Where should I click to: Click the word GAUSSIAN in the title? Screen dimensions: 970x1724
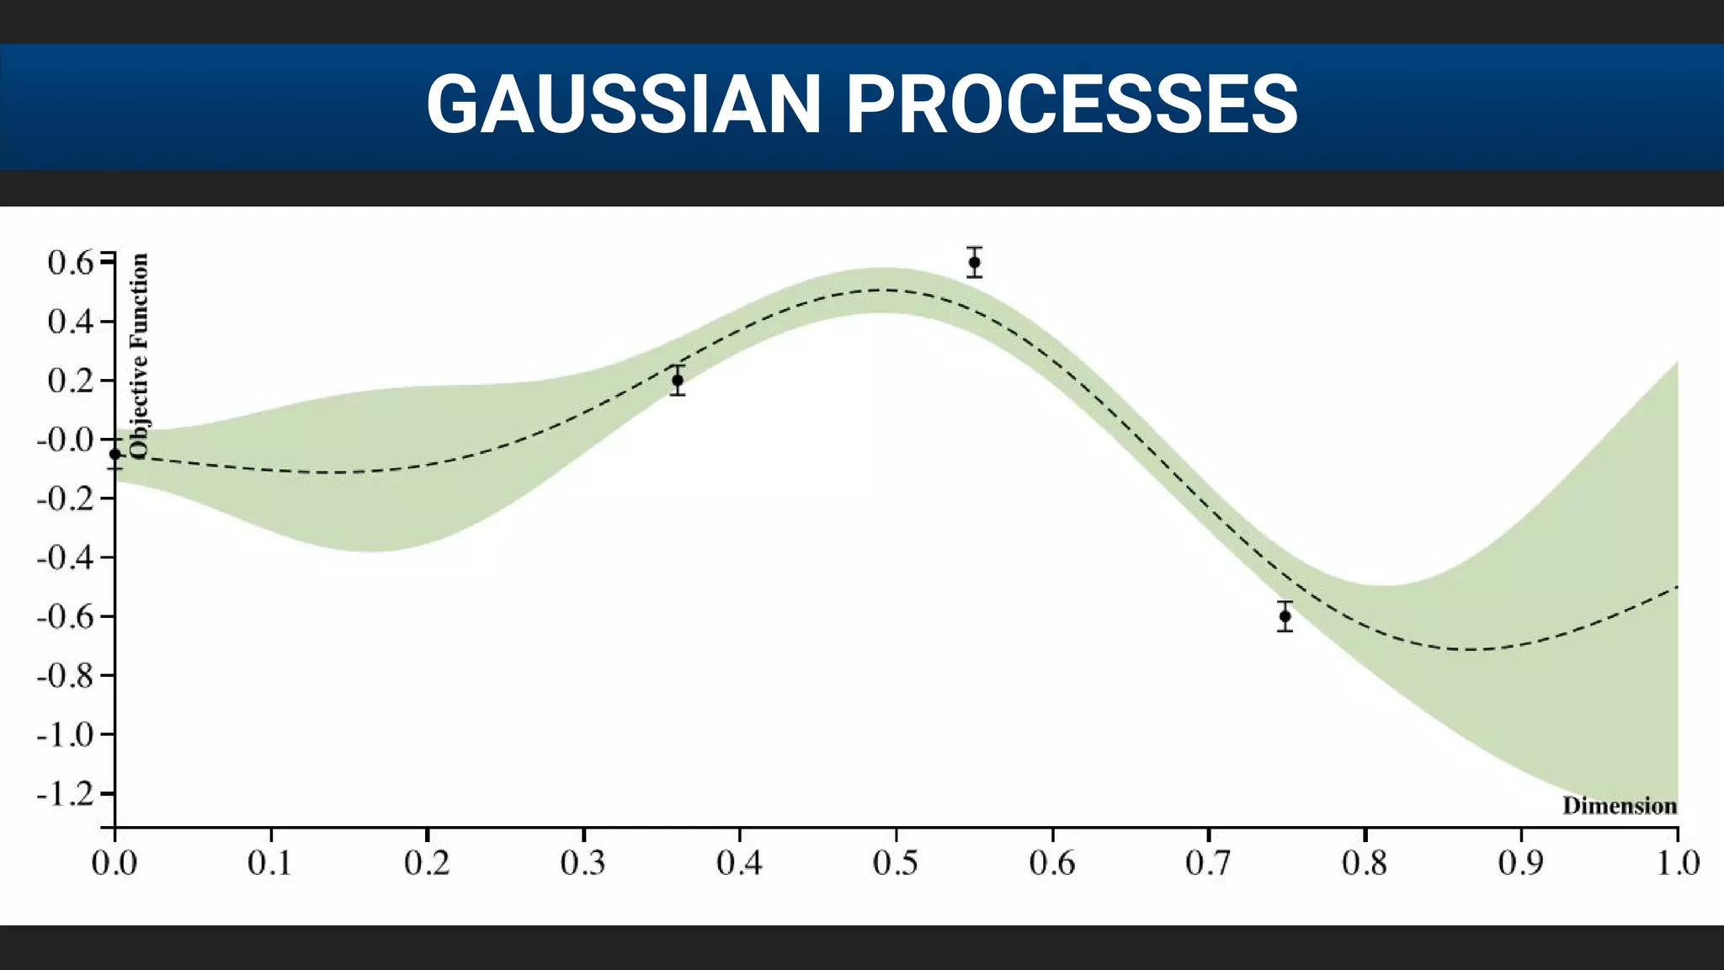coord(623,104)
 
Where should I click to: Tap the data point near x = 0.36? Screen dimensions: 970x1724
coord(678,380)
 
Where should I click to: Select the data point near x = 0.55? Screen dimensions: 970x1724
coord(974,262)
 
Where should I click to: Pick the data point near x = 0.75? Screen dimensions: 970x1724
coord(1285,616)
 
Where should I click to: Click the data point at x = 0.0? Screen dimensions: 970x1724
coord(115,454)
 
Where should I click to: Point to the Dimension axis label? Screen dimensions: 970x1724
coord(1620,806)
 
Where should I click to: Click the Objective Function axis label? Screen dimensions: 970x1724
coord(139,356)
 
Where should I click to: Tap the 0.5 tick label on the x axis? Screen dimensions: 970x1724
coord(895,863)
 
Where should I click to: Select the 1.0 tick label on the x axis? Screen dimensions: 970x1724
coord(1678,863)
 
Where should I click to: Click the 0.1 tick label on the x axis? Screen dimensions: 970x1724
coord(269,863)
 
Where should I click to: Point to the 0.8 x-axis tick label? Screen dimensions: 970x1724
coord(1365,863)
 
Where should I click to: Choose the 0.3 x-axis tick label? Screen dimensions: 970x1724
coord(583,863)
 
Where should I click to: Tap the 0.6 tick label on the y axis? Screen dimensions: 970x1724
coord(71,263)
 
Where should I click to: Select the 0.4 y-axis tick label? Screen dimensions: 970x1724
coord(71,322)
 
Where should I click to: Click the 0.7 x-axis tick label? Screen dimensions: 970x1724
coord(1208,863)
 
